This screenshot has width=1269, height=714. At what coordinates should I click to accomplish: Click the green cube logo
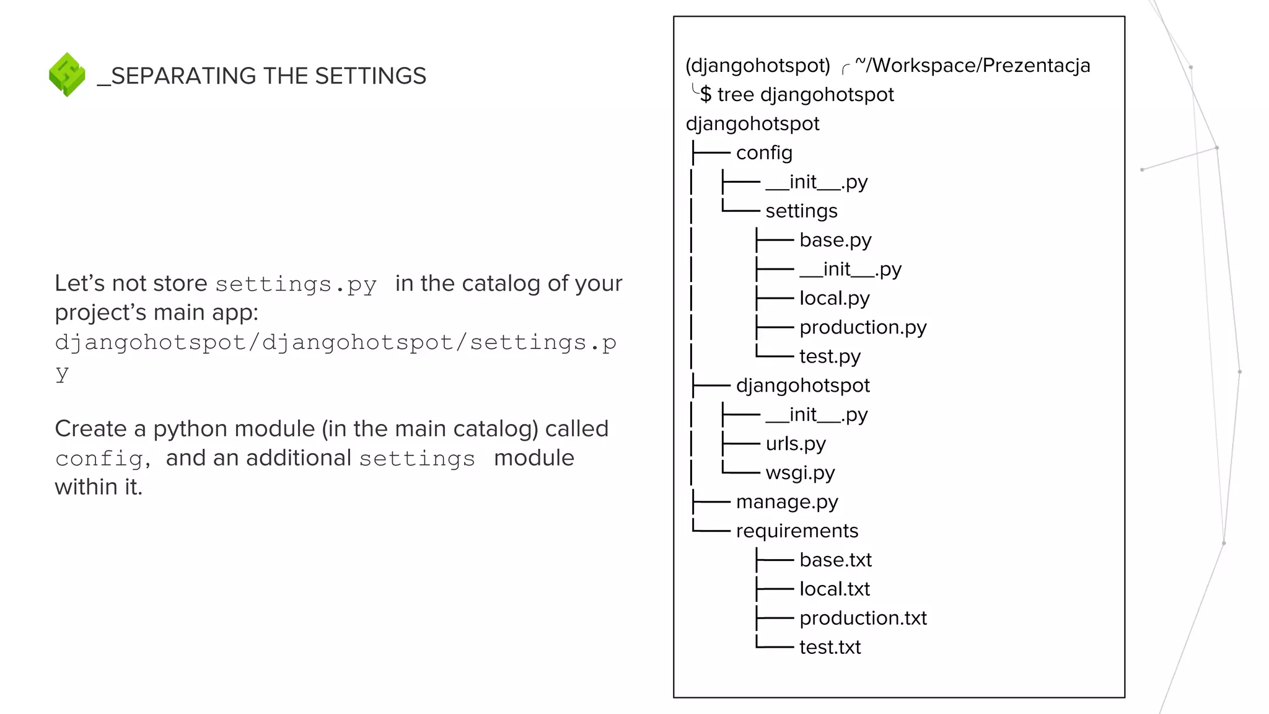[x=67, y=74]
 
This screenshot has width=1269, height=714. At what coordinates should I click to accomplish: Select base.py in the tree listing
[x=835, y=240]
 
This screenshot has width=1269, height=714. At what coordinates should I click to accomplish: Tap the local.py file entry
[x=834, y=299]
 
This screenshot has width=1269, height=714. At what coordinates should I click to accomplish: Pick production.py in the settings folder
[x=863, y=327]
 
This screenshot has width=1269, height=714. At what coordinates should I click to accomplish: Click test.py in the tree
[x=830, y=357]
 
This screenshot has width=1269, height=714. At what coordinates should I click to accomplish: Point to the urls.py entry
[x=796, y=444]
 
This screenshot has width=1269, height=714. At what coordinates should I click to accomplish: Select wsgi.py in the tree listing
[x=800, y=473]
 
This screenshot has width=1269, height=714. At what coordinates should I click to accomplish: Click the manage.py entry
[x=787, y=502]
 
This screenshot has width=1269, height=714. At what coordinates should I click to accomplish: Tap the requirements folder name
[x=797, y=531]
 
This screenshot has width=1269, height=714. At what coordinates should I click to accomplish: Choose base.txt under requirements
[x=835, y=560]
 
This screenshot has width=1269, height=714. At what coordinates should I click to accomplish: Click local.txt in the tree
[x=834, y=589]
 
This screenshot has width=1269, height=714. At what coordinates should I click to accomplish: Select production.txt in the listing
[x=863, y=619]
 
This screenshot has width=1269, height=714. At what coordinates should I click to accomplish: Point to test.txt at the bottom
[x=830, y=648]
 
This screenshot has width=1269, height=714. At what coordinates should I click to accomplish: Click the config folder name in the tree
[x=764, y=153]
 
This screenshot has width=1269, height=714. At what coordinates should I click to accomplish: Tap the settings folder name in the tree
[x=801, y=211]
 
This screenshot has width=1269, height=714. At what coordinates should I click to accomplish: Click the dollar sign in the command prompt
[x=706, y=95]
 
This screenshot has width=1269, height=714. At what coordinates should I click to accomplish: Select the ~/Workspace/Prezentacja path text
[x=972, y=66]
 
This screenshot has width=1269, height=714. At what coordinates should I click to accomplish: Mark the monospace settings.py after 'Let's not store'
[x=296, y=284]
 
